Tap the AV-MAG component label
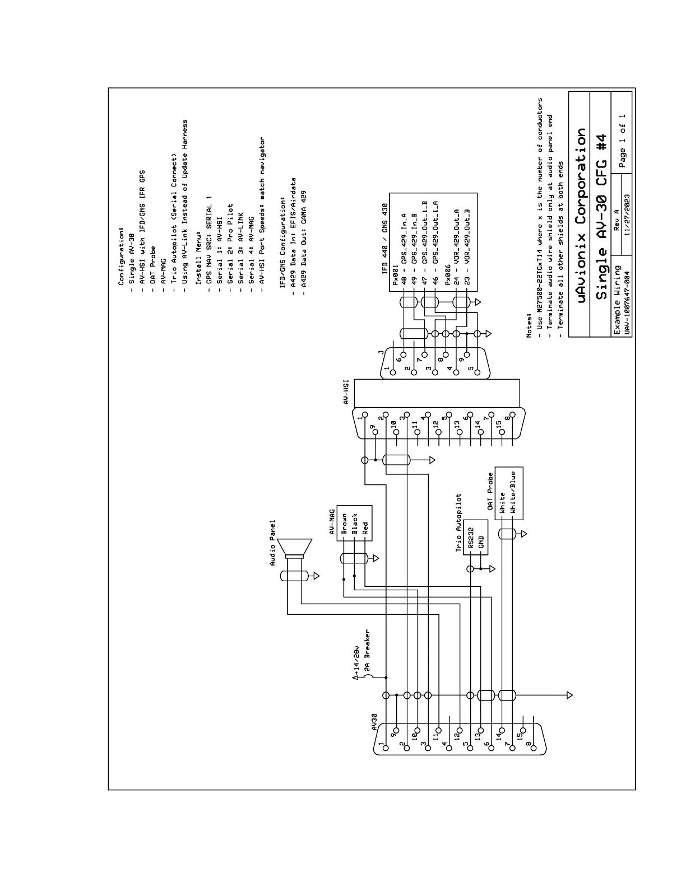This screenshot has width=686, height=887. [332, 522]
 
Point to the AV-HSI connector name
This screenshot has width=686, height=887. [347, 392]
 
